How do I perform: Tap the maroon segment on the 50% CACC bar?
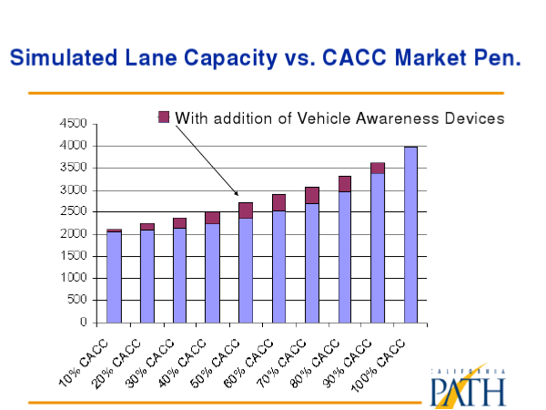tap(246, 210)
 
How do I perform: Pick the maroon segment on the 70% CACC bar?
tap(312, 195)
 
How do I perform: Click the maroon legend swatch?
tap(164, 116)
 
